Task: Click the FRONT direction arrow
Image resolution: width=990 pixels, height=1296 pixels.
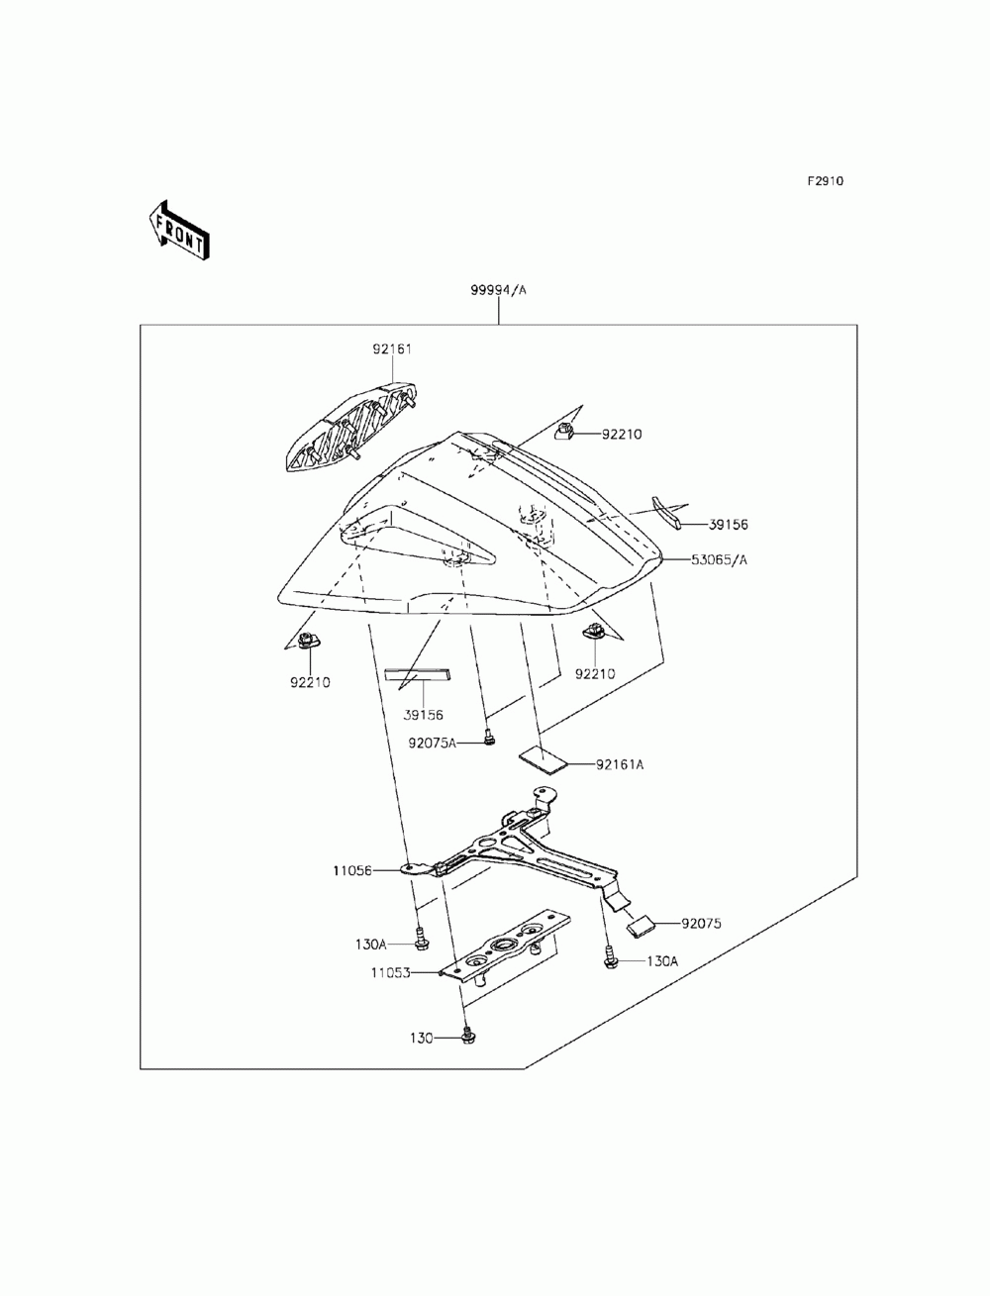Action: pyautogui.click(x=179, y=231)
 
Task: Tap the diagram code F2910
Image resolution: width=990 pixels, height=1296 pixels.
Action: pyautogui.click(x=825, y=181)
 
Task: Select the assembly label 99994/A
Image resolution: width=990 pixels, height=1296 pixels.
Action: pyautogui.click(x=498, y=290)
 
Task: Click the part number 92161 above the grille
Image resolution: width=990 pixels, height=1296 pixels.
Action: pyautogui.click(x=391, y=349)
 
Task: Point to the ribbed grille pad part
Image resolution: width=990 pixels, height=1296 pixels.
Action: pyautogui.click(x=351, y=427)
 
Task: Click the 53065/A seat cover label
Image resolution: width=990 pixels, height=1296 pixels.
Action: pyautogui.click(x=719, y=559)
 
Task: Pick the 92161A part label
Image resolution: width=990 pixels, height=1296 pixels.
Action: pyautogui.click(x=620, y=764)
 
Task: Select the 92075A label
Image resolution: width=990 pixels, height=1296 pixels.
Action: pyautogui.click(x=432, y=743)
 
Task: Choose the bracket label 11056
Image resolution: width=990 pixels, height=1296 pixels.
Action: pyautogui.click(x=351, y=870)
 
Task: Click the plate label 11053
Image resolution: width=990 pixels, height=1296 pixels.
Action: pyautogui.click(x=390, y=972)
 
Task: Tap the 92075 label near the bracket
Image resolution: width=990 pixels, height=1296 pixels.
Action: pyautogui.click(x=701, y=924)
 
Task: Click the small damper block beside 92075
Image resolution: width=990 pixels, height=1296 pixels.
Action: pyautogui.click(x=641, y=925)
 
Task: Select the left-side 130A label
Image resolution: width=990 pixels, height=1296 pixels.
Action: pyautogui.click(x=370, y=945)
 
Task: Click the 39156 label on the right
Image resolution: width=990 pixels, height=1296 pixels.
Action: pyautogui.click(x=728, y=525)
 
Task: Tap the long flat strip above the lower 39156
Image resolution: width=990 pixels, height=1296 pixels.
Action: pyautogui.click(x=417, y=674)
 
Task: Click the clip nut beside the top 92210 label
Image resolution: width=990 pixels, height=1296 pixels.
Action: pyautogui.click(x=565, y=433)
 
